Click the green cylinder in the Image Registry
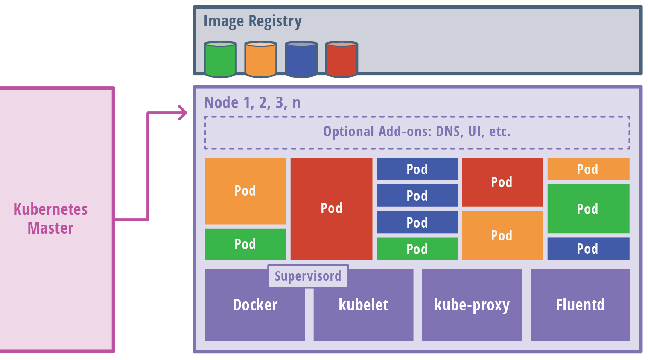click(x=220, y=59)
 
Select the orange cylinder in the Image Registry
click(x=261, y=59)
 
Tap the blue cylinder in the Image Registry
click(x=301, y=59)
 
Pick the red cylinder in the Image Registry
click(x=342, y=59)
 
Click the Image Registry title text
click(x=252, y=21)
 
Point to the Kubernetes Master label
click(x=50, y=219)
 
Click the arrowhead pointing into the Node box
click(x=183, y=113)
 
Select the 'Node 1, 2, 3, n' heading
click(x=252, y=102)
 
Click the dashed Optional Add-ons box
click(x=417, y=132)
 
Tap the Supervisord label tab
click(x=308, y=276)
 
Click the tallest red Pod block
click(x=331, y=208)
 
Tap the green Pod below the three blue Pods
click(x=417, y=249)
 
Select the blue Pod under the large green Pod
click(x=588, y=249)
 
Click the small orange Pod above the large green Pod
click(x=588, y=169)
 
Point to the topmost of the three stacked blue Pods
click(x=417, y=169)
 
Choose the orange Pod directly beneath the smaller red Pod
click(x=502, y=235)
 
